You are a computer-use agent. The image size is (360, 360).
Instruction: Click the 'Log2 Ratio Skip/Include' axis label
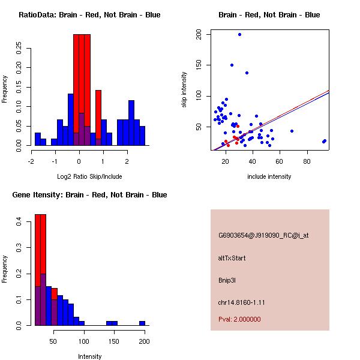tap(89, 176)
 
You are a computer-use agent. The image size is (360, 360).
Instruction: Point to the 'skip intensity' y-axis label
tap(185, 90)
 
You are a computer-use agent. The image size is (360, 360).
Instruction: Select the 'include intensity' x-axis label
tap(269, 176)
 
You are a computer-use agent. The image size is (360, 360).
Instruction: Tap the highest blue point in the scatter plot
tap(239, 35)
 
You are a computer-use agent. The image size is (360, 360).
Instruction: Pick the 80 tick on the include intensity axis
tap(307, 161)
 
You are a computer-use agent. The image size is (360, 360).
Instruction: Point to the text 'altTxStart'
tap(232, 258)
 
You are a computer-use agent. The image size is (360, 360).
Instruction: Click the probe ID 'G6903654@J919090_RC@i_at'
tap(263, 236)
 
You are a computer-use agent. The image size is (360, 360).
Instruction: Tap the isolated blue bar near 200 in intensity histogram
tap(142, 323)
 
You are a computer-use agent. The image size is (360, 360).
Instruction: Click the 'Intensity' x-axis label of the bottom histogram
tap(89, 356)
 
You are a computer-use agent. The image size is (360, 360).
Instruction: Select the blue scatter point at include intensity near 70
tap(292, 131)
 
